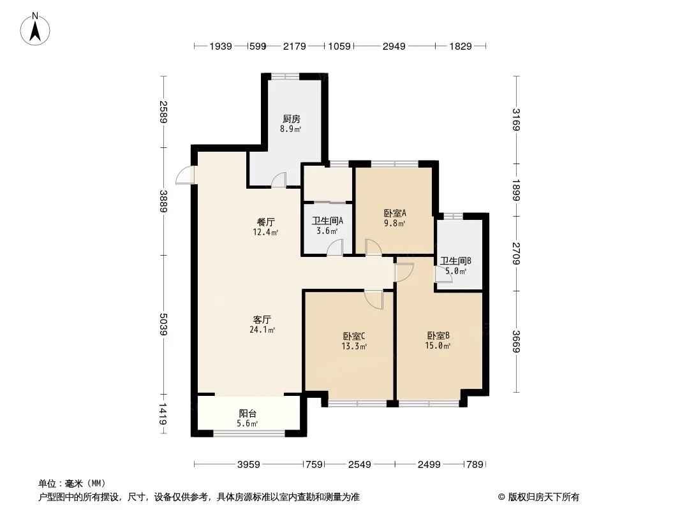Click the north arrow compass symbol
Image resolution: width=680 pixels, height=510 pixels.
[x=35, y=29]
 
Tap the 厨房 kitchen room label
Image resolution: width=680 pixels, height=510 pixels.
[x=292, y=119]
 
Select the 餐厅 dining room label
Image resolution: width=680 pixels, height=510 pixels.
[x=266, y=222]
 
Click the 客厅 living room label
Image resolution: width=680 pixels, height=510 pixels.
[x=262, y=320]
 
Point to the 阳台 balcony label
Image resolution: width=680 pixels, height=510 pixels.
[x=248, y=414]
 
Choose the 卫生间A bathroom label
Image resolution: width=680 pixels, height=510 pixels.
[x=327, y=221]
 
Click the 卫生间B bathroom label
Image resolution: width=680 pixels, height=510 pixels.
[x=456, y=261]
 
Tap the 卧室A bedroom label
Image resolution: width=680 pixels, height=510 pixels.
[x=395, y=213]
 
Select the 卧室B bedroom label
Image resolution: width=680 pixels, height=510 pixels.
[x=438, y=335]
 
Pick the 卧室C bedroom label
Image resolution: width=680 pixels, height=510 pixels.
[x=354, y=336]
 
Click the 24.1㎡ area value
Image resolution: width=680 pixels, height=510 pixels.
[x=262, y=330]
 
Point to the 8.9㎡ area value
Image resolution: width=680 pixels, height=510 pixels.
[x=290, y=129]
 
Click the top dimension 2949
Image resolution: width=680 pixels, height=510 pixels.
[x=394, y=46]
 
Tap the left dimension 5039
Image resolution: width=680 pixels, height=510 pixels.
[x=163, y=324]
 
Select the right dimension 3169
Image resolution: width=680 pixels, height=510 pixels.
[x=515, y=119]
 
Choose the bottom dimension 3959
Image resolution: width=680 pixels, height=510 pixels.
[x=249, y=465]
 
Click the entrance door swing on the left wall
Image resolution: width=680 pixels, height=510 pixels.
[x=185, y=175]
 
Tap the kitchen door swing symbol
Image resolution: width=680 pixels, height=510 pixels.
[x=279, y=180]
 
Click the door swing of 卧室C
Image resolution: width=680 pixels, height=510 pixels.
[x=374, y=300]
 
